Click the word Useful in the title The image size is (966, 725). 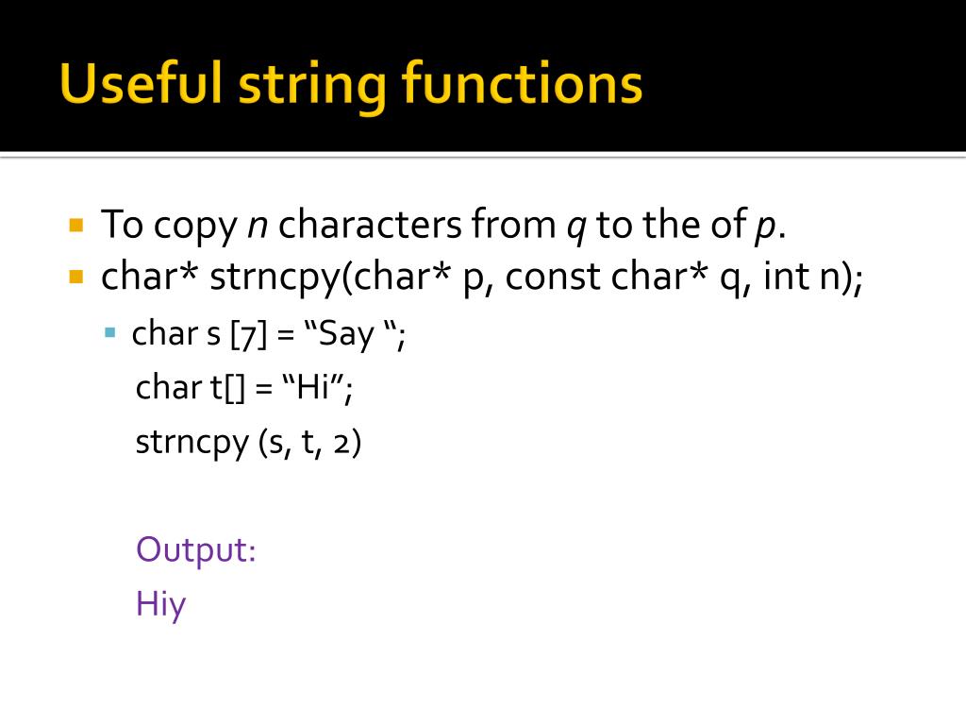141,84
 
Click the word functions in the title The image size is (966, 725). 522,84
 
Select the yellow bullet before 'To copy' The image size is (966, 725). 77,226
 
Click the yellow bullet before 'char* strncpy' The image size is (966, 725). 77,278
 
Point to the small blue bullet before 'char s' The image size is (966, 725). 110,332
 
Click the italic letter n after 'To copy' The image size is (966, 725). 257,227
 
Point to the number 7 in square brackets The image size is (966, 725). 244,334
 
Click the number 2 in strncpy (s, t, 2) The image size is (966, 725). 342,443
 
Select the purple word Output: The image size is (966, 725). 196,548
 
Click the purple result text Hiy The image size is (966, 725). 160,604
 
